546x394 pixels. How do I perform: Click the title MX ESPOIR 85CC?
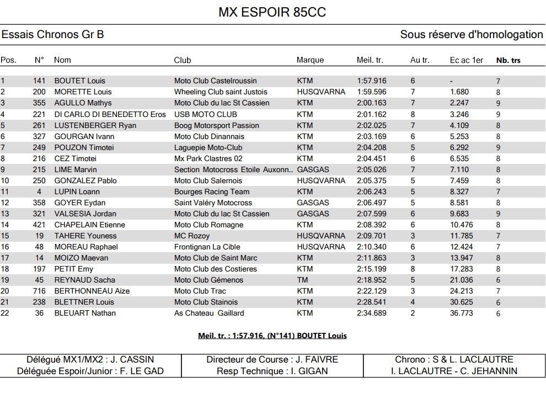point(272,12)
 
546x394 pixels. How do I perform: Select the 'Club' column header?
point(183,60)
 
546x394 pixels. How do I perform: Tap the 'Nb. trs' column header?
point(508,60)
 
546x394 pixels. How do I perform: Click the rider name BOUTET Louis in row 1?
point(79,81)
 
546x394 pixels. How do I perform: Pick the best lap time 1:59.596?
point(372,92)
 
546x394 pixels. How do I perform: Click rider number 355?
point(39,103)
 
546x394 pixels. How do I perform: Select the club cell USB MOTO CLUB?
point(205,114)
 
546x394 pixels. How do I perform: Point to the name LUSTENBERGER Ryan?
point(95,125)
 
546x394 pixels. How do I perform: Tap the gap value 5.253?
point(459,136)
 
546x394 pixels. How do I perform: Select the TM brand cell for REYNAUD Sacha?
point(302,280)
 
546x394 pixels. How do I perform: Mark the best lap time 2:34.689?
point(372,313)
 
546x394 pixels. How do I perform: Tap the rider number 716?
point(39,291)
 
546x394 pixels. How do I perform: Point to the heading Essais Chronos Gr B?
point(53,35)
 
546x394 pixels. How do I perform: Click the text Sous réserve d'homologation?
point(472,35)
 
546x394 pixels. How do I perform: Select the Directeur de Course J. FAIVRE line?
point(272,359)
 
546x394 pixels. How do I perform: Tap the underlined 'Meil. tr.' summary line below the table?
point(272,336)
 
